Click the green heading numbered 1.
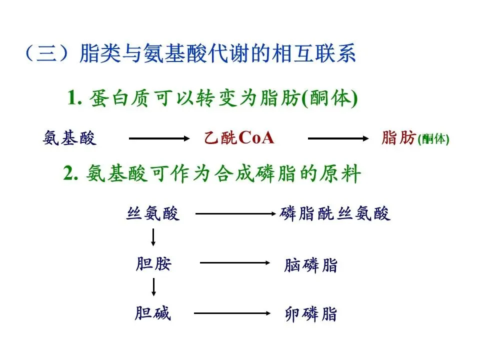click(x=212, y=98)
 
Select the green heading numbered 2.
click(x=212, y=174)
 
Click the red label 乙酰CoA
click(x=239, y=138)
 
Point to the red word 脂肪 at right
click(x=398, y=138)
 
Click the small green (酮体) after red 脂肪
click(x=433, y=139)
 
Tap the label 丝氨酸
click(x=152, y=214)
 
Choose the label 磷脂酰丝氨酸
click(x=335, y=214)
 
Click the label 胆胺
click(x=153, y=263)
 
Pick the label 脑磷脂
click(x=311, y=265)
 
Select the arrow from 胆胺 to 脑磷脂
click(x=234, y=263)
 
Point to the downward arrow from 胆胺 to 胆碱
click(x=153, y=286)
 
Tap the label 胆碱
click(x=152, y=313)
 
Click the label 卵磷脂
click(x=311, y=314)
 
